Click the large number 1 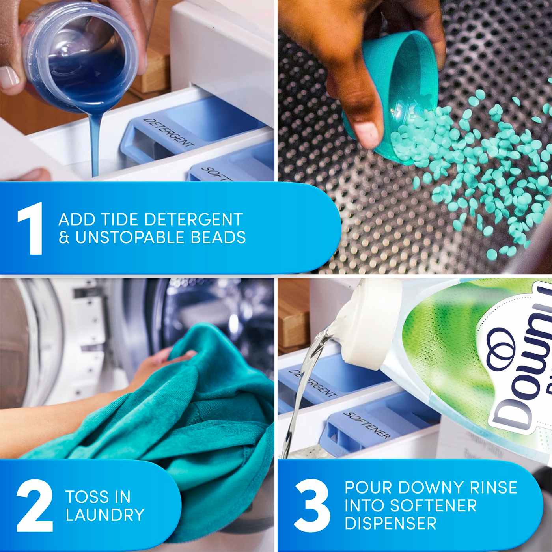click(31, 229)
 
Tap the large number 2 click(35, 506)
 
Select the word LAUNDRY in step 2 click(105, 515)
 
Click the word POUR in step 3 click(368, 488)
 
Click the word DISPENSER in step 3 click(390, 524)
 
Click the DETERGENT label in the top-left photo click(168, 133)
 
